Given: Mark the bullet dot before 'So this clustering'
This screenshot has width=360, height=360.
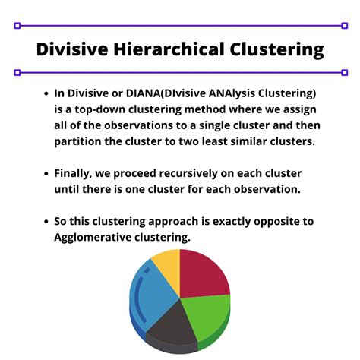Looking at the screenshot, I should pos(44,222).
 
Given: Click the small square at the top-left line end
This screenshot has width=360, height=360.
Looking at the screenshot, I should pos(17,26).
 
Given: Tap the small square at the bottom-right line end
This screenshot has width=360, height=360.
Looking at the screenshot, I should pos(344,73).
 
